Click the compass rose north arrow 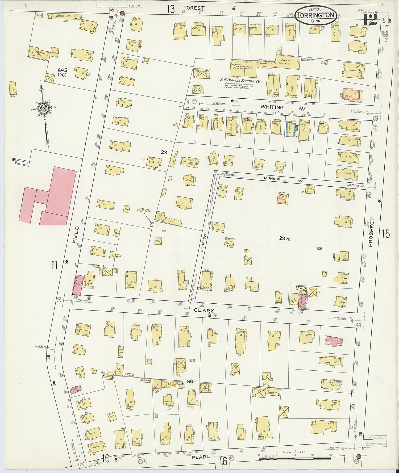coord(43,112)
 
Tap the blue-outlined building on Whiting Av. coord(290,129)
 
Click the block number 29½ coord(284,239)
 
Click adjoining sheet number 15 coord(385,234)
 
